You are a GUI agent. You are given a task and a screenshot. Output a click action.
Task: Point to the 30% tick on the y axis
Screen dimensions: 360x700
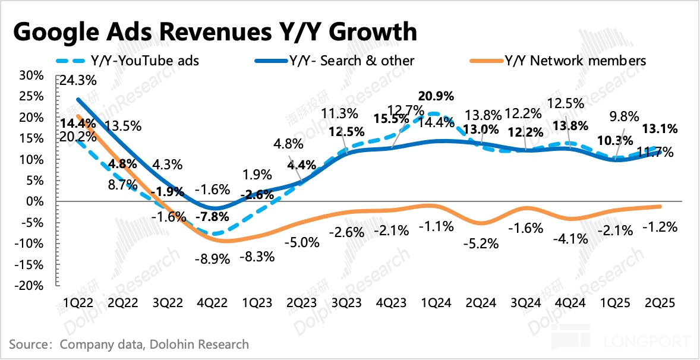coord(31,75)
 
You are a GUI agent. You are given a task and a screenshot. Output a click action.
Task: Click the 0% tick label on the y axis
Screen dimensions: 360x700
coord(36,201)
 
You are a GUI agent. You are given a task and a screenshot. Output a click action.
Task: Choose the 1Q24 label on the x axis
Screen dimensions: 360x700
coord(436,302)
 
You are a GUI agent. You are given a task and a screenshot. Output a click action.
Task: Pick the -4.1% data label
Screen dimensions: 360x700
coord(570,239)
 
